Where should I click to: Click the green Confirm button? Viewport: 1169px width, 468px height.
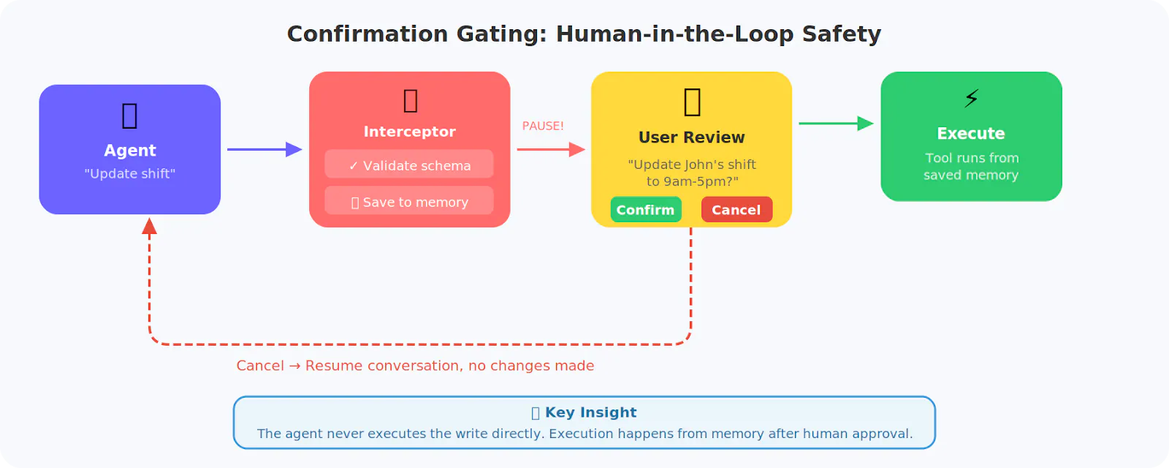[x=646, y=210]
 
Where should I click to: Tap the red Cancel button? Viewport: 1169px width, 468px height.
[x=736, y=210]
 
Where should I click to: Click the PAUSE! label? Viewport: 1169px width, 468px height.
[x=543, y=126]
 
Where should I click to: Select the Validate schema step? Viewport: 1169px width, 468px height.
[x=409, y=165]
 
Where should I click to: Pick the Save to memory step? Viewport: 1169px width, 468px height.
[x=409, y=202]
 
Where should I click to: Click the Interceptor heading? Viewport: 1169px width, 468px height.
[x=409, y=132]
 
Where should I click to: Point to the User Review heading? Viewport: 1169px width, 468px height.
[x=691, y=137]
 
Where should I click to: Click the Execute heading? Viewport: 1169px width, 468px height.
[x=971, y=134]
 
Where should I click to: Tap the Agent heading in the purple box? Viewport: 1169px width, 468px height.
[x=130, y=151]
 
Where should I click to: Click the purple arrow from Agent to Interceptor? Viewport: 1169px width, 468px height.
[x=264, y=149]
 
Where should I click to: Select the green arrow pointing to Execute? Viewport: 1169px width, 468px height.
[x=835, y=124]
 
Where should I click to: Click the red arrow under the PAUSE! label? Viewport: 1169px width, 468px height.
[x=550, y=149]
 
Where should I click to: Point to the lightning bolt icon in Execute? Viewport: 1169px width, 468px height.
[x=971, y=98]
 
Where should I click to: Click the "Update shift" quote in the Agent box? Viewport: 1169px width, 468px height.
[x=130, y=174]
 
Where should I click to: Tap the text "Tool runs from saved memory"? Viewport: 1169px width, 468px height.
[x=971, y=167]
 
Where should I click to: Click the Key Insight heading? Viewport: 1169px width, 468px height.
[x=590, y=412]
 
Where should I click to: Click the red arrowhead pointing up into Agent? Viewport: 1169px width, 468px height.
[x=150, y=226]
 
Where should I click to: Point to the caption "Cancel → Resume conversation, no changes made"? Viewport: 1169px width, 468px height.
[x=415, y=366]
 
